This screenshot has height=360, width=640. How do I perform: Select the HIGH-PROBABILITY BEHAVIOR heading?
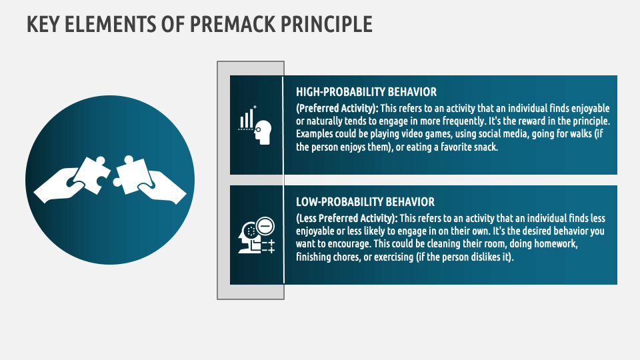click(366, 92)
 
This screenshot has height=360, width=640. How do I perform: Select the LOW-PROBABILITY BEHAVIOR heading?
click(365, 202)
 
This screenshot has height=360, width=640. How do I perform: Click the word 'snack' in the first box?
click(483, 147)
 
